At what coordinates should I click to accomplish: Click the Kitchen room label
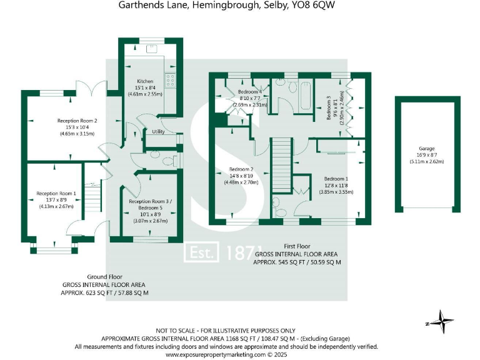click(145, 81)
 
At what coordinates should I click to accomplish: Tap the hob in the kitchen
click(170, 81)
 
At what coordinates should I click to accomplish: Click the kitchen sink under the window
click(152, 49)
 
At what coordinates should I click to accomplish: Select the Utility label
click(158, 132)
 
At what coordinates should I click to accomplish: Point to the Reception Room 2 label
click(77, 121)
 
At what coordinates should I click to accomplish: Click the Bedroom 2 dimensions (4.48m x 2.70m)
click(240, 183)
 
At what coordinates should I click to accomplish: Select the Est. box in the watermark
click(201, 253)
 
